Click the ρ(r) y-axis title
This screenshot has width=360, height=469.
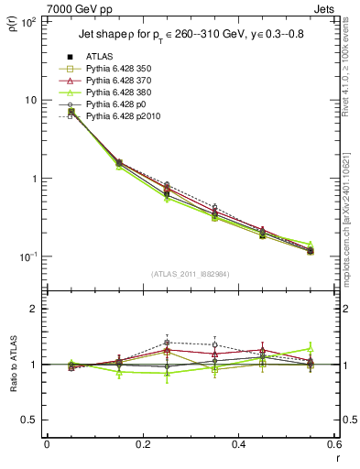pyautogui.click(x=13, y=23)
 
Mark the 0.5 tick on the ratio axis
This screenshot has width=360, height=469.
pyautogui.click(x=32, y=420)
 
